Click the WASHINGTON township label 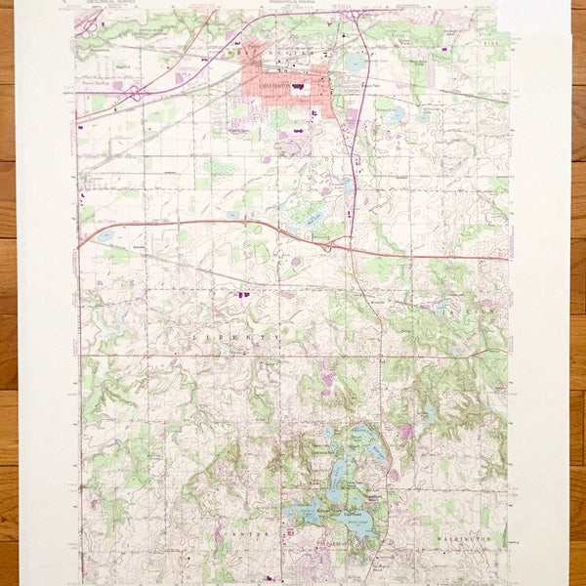pyautogui.click(x=460, y=538)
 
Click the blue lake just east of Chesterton pyautogui.click(x=354, y=63)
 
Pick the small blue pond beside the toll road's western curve pyautogui.click(x=105, y=235)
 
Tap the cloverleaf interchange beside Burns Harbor pyautogui.click(x=134, y=95)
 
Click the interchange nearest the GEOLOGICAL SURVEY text pyautogui.click(x=88, y=21)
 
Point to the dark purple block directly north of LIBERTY pyautogui.click(x=242, y=292)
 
